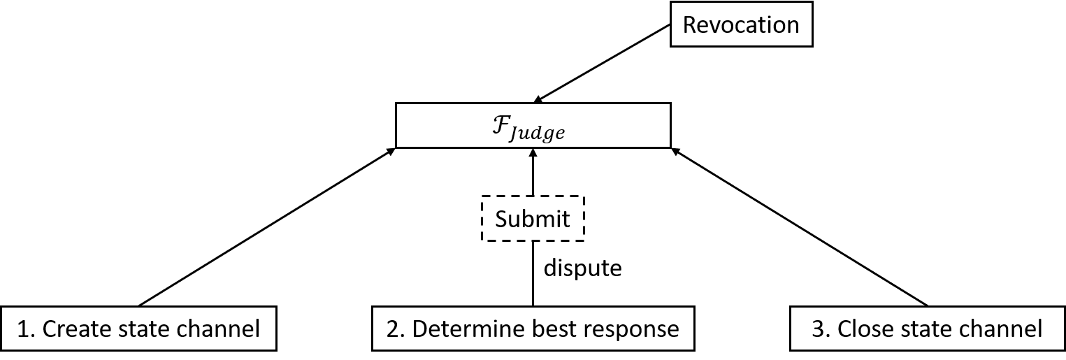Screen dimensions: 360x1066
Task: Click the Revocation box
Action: pos(741,25)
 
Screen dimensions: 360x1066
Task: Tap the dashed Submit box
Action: pos(533,219)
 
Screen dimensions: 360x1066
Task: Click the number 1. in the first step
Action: pos(26,329)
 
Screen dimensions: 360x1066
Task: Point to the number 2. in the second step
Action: pos(396,329)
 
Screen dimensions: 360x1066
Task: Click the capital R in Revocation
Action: pos(690,25)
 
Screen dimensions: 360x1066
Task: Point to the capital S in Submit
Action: pos(501,219)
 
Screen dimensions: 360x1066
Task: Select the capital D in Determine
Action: pos(420,329)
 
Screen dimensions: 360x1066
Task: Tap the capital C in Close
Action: pos(844,329)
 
